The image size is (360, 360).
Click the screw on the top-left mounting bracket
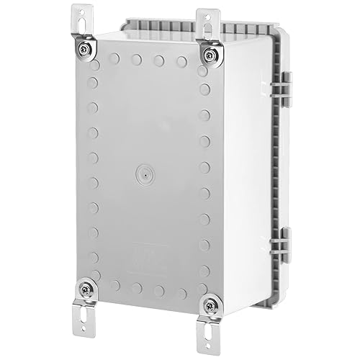point(86,48)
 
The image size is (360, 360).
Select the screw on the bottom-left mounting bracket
point(86,288)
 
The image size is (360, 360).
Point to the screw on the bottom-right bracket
point(210,304)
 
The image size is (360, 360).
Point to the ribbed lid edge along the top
point(238,29)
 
